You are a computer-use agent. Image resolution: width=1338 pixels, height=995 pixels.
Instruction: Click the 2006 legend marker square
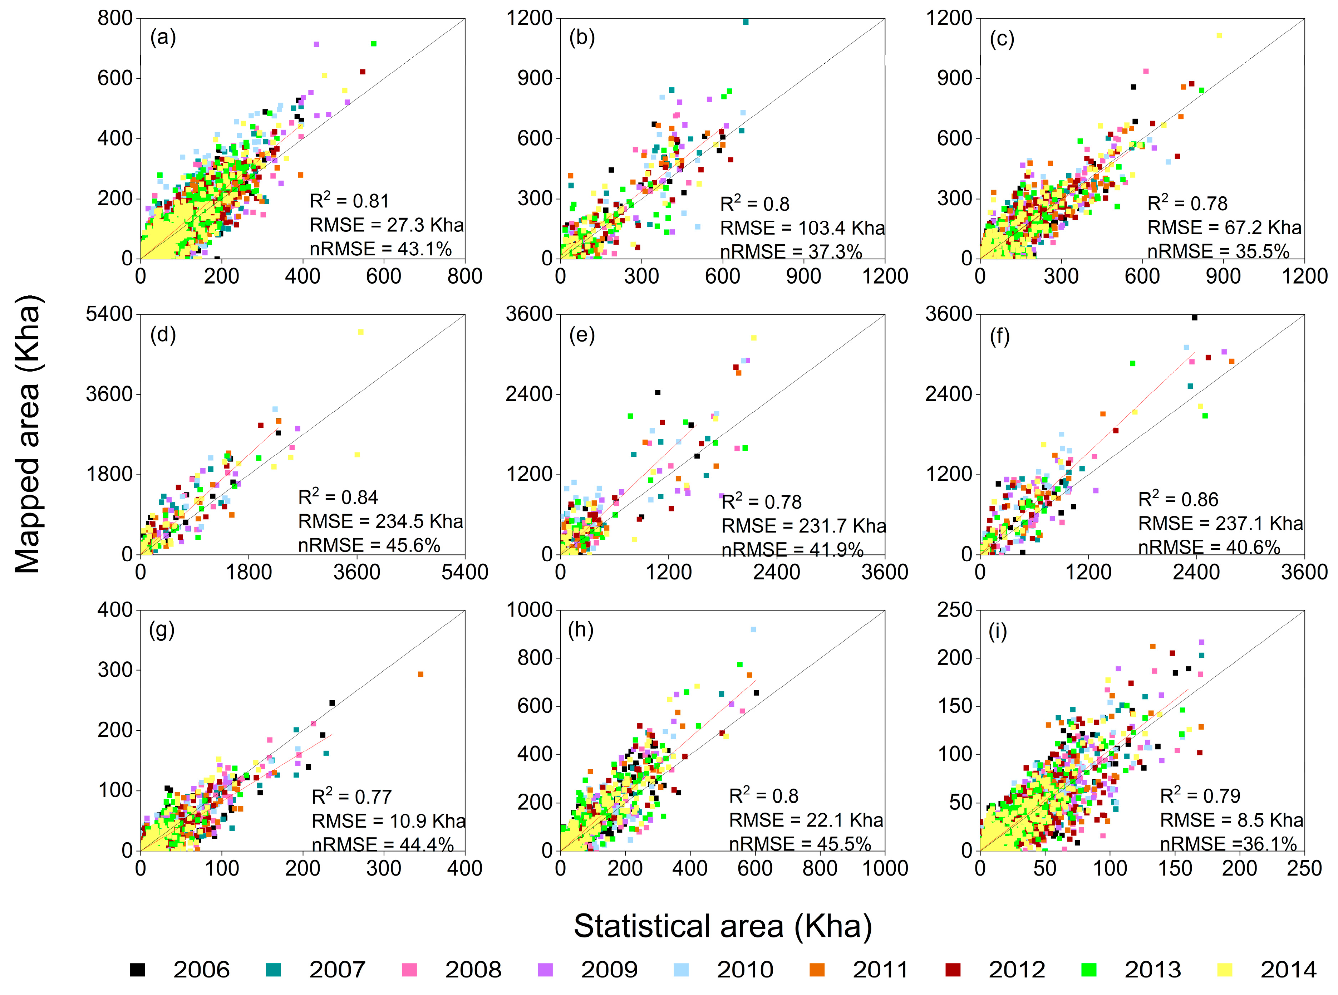pyautogui.click(x=138, y=970)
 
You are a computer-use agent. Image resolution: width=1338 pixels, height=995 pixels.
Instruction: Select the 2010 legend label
pyautogui.click(x=745, y=970)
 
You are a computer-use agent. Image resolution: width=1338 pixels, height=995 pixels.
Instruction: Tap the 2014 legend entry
pyautogui.click(x=1289, y=970)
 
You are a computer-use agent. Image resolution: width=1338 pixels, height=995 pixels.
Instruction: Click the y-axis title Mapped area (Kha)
pyautogui.click(x=28, y=433)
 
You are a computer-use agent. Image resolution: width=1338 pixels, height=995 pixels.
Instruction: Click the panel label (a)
pyautogui.click(x=163, y=38)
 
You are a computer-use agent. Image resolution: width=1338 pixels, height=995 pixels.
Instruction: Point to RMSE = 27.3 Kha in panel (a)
pyautogui.click(x=387, y=225)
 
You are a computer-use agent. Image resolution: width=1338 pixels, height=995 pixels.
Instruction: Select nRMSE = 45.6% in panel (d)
pyautogui.click(x=369, y=545)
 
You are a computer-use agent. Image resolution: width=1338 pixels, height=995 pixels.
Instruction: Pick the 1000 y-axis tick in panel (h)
pyautogui.click(x=529, y=610)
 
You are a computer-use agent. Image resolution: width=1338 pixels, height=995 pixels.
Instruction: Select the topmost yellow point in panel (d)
pyautogui.click(x=361, y=332)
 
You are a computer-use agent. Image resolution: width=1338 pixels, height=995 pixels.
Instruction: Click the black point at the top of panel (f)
pyautogui.click(x=1195, y=317)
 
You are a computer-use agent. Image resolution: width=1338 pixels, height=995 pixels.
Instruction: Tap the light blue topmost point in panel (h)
pyautogui.click(x=753, y=629)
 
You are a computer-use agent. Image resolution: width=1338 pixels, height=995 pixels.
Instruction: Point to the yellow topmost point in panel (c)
pyautogui.click(x=1219, y=35)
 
